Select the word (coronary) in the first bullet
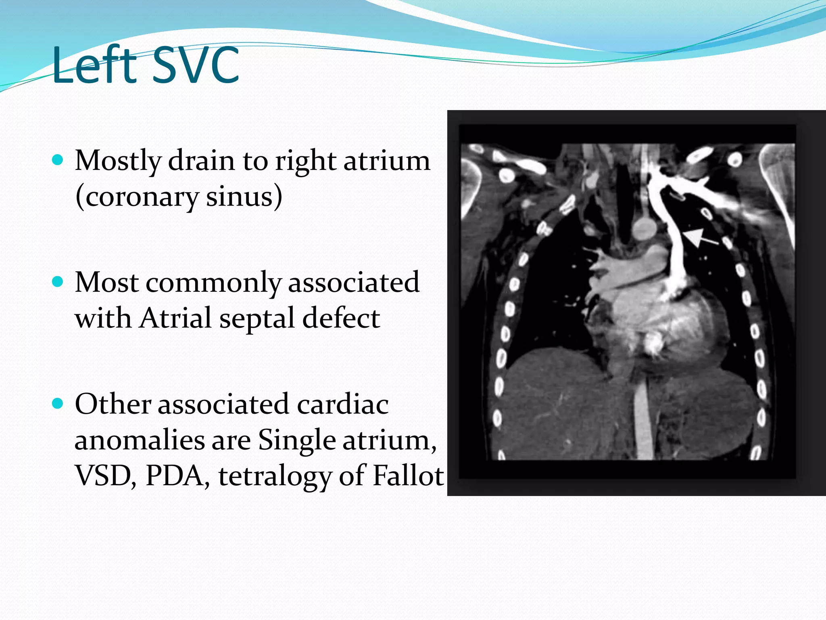pos(137,197)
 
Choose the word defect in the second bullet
pos(341,318)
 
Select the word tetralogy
pos(275,476)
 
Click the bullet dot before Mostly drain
pos(58,160)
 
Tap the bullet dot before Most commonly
pos(58,281)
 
